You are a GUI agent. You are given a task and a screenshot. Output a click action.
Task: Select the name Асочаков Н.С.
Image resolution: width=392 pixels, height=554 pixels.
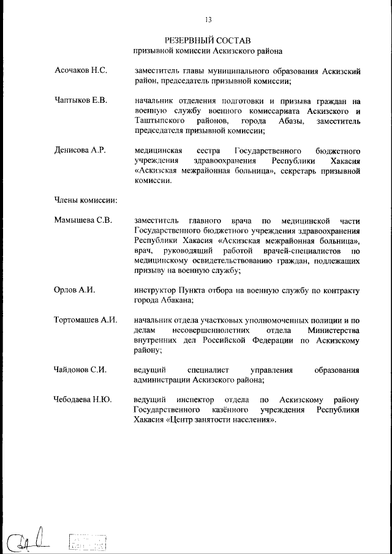coord(81,71)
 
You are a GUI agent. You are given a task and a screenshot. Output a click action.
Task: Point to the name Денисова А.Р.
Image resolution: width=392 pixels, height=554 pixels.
coord(80,151)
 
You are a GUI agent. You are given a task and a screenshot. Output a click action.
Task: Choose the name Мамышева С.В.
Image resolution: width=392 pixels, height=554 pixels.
coord(83,220)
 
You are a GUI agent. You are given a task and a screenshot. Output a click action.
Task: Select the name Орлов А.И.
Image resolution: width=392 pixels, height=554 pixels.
coord(74,290)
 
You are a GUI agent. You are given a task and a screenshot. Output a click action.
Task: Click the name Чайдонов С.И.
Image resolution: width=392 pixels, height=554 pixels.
coord(80,370)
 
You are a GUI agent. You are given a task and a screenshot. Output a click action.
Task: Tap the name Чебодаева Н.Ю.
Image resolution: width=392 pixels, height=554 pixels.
coord(83,399)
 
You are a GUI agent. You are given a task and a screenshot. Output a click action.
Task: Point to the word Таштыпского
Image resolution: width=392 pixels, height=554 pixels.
coord(159,121)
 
